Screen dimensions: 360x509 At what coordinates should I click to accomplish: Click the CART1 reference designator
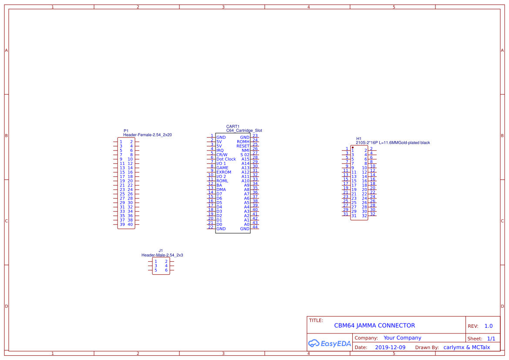point(233,126)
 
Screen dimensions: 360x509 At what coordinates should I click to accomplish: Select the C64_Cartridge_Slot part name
point(244,131)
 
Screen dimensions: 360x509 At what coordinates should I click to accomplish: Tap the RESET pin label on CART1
point(243,146)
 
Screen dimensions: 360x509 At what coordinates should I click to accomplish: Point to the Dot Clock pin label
point(226,159)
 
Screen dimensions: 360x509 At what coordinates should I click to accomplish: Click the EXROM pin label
point(224,172)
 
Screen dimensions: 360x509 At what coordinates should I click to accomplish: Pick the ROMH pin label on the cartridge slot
point(243,141)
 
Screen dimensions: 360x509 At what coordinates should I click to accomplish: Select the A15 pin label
point(246,159)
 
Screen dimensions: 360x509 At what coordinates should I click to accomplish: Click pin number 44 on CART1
point(255,227)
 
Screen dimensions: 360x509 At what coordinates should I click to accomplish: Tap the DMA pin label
point(221,189)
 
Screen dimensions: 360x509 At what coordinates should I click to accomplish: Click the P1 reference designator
point(126,131)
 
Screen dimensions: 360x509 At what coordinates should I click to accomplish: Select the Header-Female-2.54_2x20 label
point(147,135)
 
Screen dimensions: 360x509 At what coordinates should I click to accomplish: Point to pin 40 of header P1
point(130,225)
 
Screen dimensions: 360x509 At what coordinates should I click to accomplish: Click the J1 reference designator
point(161,251)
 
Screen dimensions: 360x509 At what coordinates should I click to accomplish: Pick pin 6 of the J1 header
point(166,270)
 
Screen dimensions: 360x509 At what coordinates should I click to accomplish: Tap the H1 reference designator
point(359,138)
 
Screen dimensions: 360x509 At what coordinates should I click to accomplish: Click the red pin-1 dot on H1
point(352,148)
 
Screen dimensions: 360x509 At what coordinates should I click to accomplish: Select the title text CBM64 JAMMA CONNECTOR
point(374,326)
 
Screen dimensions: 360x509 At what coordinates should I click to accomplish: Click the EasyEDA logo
point(329,343)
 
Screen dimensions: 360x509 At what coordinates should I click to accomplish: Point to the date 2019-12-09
point(390,347)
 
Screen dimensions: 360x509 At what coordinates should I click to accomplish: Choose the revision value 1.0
point(489,326)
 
